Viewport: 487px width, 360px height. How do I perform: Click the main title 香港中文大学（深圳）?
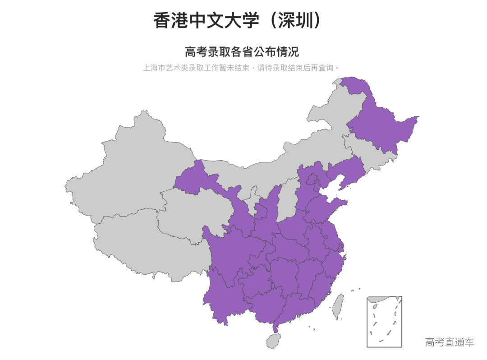[238, 21]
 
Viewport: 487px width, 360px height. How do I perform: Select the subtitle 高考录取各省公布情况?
[242, 51]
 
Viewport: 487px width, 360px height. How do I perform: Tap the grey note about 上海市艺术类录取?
[241, 68]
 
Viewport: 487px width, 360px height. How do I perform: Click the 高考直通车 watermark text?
[449, 342]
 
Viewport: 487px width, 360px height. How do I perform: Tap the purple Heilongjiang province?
[383, 126]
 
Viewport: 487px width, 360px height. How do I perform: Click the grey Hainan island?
[273, 340]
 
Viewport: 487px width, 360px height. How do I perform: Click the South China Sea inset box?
[384, 321]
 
